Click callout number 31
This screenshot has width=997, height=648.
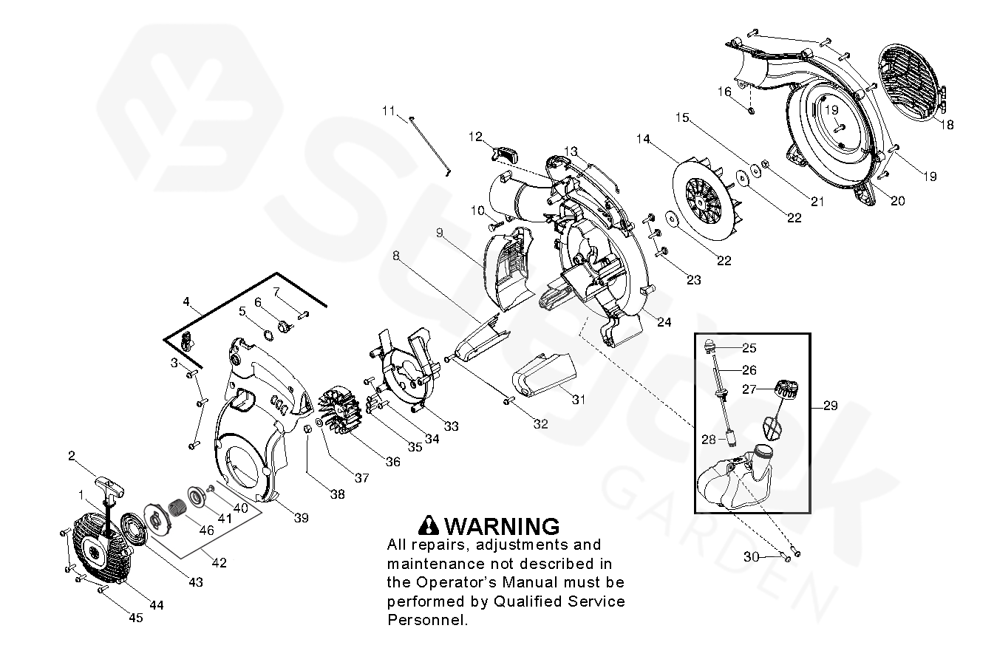pyautogui.click(x=578, y=400)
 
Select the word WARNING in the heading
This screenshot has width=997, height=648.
pyautogui.click(x=503, y=526)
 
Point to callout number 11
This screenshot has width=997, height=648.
pyautogui.click(x=389, y=111)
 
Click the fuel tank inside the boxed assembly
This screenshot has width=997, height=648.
pyautogui.click(x=732, y=480)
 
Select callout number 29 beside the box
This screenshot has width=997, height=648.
pyautogui.click(x=830, y=406)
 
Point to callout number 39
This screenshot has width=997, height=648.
pyautogui.click(x=301, y=518)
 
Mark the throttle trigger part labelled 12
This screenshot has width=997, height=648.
pyautogui.click(x=504, y=153)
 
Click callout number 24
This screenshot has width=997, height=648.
pyautogui.click(x=664, y=321)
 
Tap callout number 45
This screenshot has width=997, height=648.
pyautogui.click(x=136, y=618)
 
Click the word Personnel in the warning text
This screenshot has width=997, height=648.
pyautogui.click(x=427, y=619)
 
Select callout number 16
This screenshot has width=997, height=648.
pyautogui.click(x=724, y=92)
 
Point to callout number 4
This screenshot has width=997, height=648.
pyautogui.click(x=186, y=301)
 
